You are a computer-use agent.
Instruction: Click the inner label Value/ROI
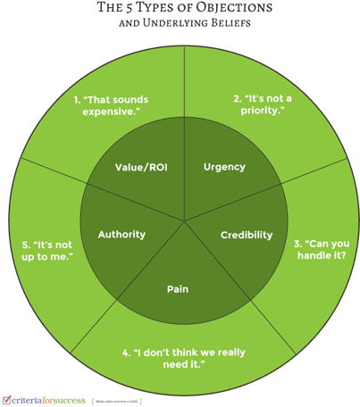point(142,167)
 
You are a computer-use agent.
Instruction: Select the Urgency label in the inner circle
point(224,167)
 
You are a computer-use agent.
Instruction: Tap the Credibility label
point(247,235)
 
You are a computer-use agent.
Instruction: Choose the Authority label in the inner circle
point(121,235)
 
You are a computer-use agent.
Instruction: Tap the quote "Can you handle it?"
point(319,251)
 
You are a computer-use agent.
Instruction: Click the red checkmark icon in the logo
point(7,399)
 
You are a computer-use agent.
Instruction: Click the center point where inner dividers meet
point(184,220)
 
